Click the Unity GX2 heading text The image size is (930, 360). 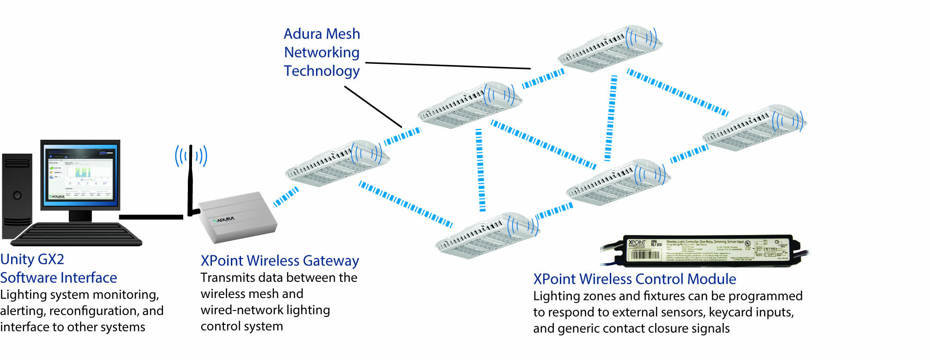32,259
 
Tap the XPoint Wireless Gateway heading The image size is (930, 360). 279,261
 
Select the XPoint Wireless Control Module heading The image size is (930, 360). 634,279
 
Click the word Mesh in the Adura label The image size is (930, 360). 343,34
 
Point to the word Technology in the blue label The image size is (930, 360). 322,71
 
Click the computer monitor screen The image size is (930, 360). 80,173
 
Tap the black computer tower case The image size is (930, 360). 17,194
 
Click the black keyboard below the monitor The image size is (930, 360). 76,234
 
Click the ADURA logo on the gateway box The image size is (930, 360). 225,219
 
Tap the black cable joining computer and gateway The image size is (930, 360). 150,217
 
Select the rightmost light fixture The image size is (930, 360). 754,128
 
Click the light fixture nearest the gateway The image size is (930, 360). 337,163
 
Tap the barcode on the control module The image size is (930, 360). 645,255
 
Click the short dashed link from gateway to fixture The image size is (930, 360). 286,197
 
